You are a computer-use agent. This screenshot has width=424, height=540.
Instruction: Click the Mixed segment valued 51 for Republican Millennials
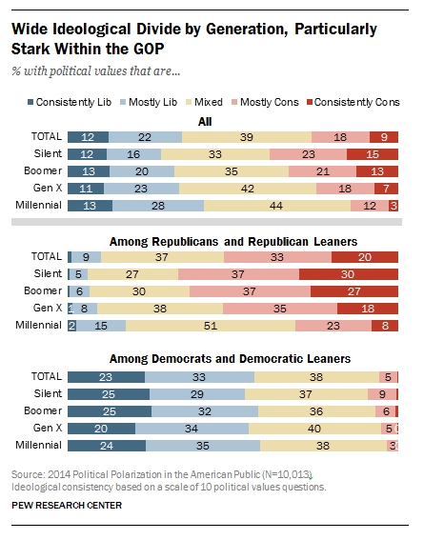pyautogui.click(x=210, y=325)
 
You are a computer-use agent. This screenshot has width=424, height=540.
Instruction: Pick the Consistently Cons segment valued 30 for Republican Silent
pyautogui.click(x=349, y=273)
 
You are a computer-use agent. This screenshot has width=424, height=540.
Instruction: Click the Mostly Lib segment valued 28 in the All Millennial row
pyautogui.click(x=158, y=205)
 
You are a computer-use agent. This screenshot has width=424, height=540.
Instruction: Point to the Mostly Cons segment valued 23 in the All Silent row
pyautogui.click(x=308, y=153)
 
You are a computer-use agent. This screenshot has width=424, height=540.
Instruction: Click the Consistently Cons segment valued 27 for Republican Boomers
pyautogui.click(x=353, y=290)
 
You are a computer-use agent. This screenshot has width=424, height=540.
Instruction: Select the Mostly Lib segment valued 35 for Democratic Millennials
pyautogui.click(x=202, y=445)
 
